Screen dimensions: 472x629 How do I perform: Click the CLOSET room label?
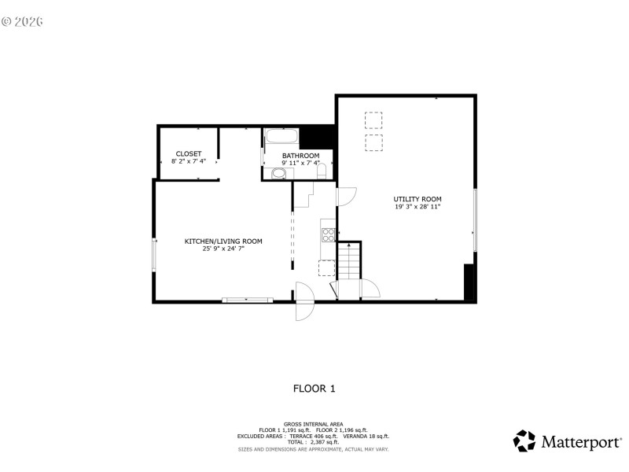[x=189, y=153]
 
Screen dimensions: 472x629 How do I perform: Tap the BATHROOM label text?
[x=300, y=156]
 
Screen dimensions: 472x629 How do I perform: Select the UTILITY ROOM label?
[x=417, y=199]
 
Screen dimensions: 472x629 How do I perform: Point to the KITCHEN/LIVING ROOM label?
[x=223, y=242]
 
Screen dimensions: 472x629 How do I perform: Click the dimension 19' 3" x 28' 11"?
[x=417, y=208]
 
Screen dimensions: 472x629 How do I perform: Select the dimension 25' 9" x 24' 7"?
[x=223, y=249]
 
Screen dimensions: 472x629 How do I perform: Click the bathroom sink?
[x=278, y=174]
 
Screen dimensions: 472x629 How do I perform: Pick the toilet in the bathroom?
[x=322, y=171]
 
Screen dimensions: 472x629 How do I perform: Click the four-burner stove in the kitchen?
[x=328, y=234]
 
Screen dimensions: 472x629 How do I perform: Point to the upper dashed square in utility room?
[x=374, y=120]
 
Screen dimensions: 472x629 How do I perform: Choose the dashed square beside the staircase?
[x=326, y=268]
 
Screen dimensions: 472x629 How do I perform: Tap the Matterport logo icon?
[x=524, y=441]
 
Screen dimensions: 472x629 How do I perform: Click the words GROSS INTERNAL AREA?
[x=314, y=423]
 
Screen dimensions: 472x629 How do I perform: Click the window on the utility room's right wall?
[x=475, y=220]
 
